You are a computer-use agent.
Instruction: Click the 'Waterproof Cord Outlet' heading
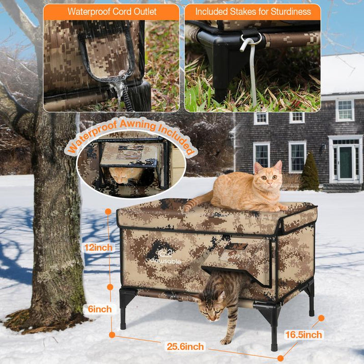[112, 11]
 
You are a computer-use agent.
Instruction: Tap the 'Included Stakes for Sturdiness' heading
[253, 11]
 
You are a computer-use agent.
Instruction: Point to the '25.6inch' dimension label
[185, 346]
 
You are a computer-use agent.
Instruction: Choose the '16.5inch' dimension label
[304, 334]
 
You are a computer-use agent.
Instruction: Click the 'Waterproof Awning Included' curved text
[131, 133]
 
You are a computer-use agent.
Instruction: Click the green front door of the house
[346, 162]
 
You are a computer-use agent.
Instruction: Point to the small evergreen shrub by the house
[309, 173]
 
